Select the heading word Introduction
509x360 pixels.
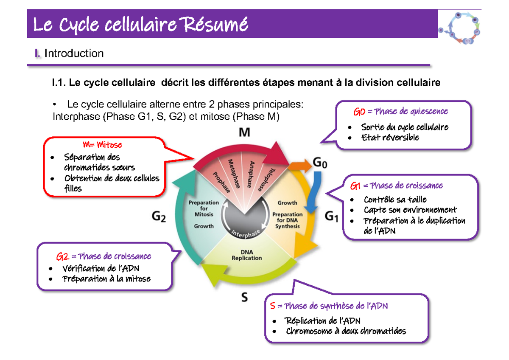(x=74, y=53)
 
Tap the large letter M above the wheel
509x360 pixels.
(x=244, y=133)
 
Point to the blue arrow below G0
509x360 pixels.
(x=313, y=191)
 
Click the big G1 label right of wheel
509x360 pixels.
(x=331, y=217)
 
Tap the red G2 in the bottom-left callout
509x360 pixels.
(x=62, y=257)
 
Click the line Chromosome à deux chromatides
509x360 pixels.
(x=345, y=331)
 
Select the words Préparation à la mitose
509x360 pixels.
(x=106, y=279)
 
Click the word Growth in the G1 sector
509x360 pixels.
(x=287, y=202)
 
